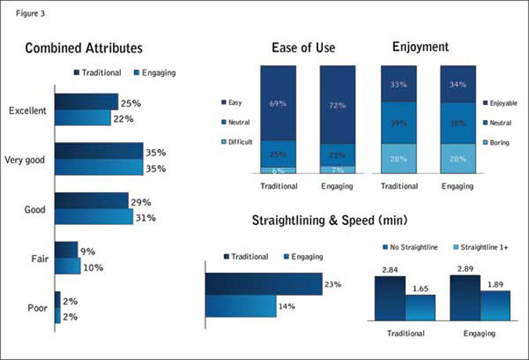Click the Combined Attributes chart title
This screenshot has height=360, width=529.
[x=84, y=48]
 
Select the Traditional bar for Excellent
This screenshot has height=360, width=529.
[x=86, y=102]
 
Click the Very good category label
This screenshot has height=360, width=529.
[x=25, y=160]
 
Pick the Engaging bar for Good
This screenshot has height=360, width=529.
[x=94, y=217]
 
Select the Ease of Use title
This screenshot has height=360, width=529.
[x=303, y=48]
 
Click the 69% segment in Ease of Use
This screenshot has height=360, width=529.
[x=278, y=104]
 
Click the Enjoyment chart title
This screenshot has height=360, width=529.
[x=420, y=48]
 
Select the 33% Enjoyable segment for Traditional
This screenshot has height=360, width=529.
[x=398, y=83]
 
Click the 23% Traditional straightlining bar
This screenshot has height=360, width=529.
[x=263, y=284]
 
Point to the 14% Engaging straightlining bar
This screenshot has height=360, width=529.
[x=241, y=306]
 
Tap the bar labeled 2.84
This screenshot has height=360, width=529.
[x=390, y=299]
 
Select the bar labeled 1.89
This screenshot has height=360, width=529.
[x=495, y=305]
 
